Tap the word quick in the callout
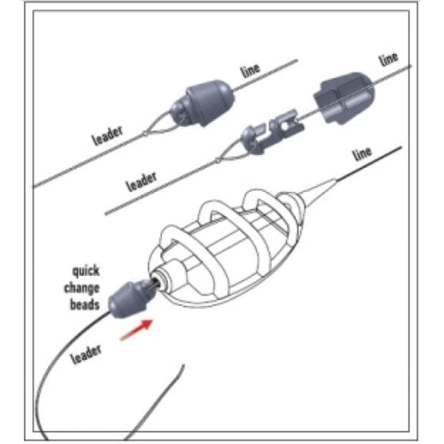click(x=85, y=272)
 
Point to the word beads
click(x=85, y=304)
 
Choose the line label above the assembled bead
click(x=250, y=71)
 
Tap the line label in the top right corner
click(x=389, y=59)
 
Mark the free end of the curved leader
click(x=183, y=367)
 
